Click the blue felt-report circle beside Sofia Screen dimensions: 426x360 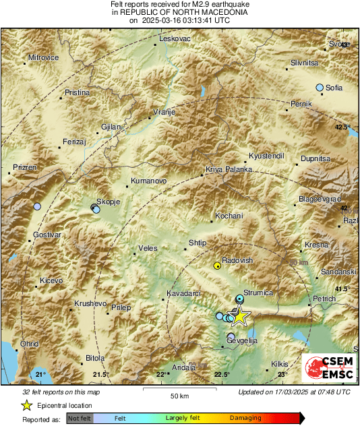point(320,88)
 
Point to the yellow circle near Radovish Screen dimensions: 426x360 point(217,266)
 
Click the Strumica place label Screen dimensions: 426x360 point(258,293)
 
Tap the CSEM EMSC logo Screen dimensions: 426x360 point(326,368)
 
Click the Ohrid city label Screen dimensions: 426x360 point(28,343)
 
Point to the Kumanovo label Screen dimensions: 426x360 point(148,181)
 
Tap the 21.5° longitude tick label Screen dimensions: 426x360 point(100,374)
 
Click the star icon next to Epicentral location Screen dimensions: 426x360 point(26,405)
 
